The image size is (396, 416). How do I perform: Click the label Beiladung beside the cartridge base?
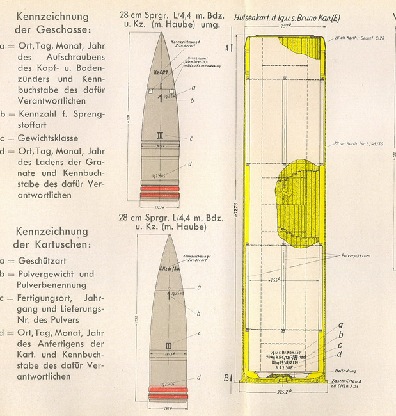(x=346, y=370)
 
